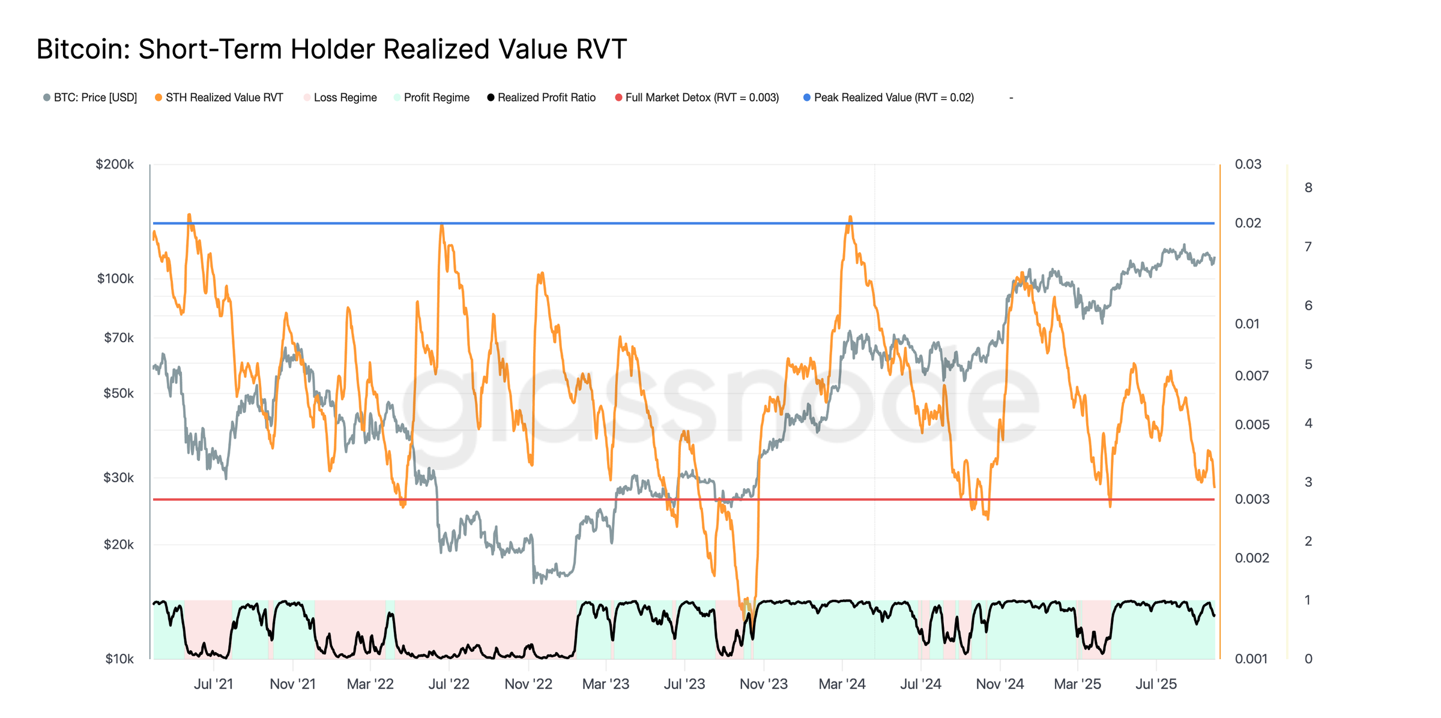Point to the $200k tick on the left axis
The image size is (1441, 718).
click(x=115, y=164)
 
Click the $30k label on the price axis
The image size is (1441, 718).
click(x=118, y=478)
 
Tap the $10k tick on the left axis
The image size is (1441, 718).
click(x=119, y=659)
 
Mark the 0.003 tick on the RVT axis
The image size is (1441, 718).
click(x=1252, y=499)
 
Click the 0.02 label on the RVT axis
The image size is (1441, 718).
click(x=1248, y=223)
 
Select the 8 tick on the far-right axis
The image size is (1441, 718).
click(x=1308, y=188)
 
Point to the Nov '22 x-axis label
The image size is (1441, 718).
click(x=528, y=684)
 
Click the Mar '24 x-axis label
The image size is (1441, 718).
click(x=842, y=684)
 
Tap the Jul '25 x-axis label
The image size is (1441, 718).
click(x=1156, y=684)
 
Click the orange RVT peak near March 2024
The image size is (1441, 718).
click(x=850, y=217)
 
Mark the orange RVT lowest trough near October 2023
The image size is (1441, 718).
click(x=745, y=618)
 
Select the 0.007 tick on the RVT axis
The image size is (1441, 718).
click(x=1252, y=376)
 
